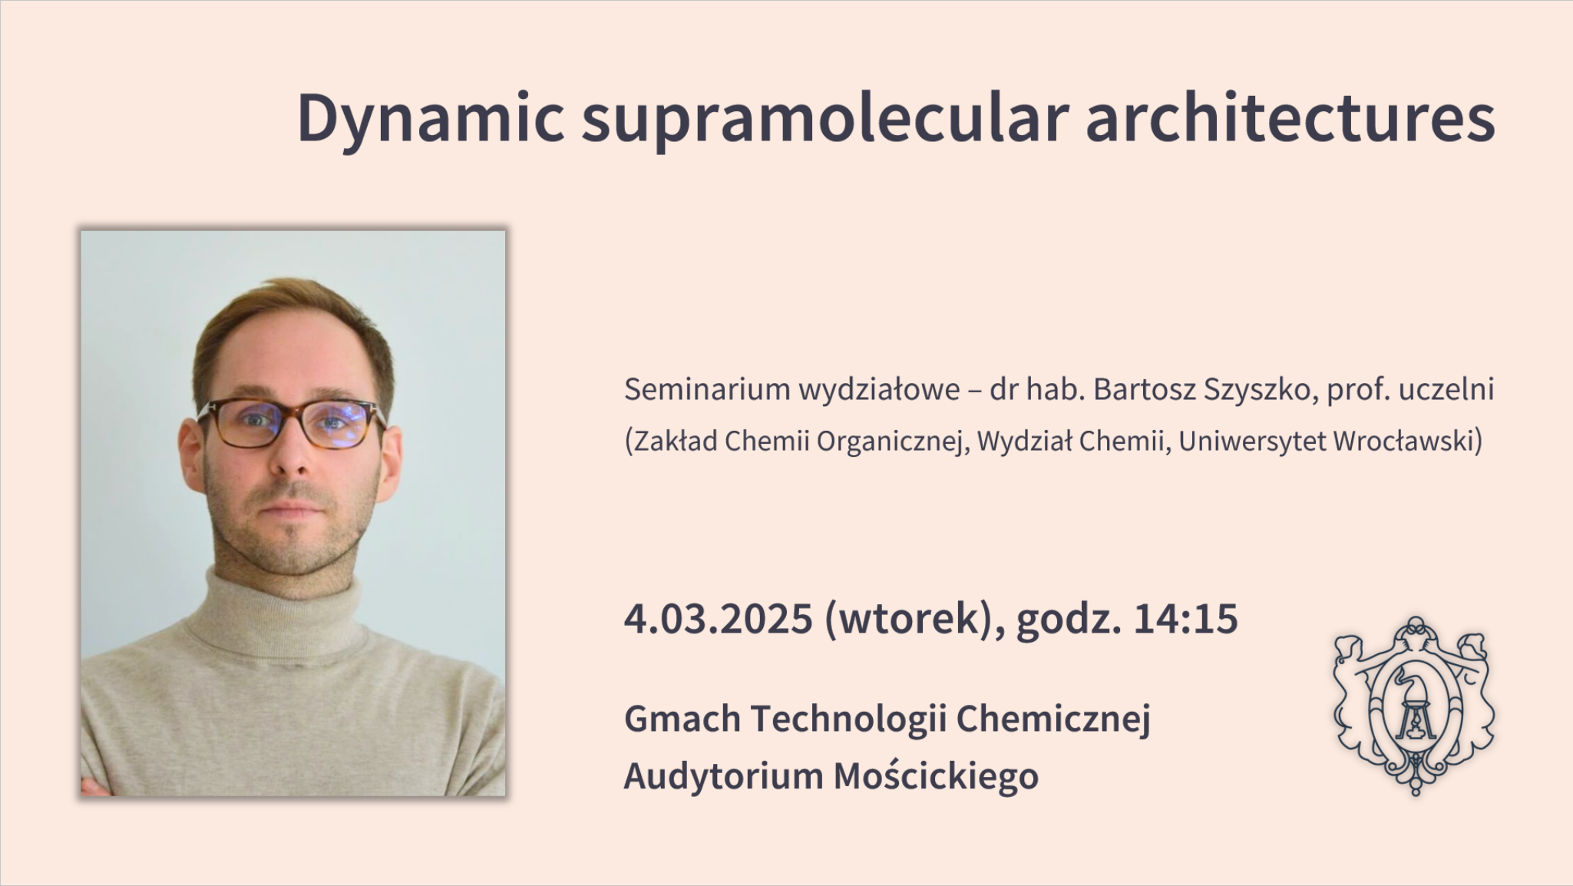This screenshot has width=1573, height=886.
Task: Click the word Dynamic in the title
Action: pyautogui.click(x=431, y=120)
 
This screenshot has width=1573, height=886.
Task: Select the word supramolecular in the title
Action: pyautogui.click(x=825, y=120)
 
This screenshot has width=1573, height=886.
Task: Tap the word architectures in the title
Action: pyautogui.click(x=1290, y=118)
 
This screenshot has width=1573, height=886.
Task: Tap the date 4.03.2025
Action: pyautogui.click(x=718, y=619)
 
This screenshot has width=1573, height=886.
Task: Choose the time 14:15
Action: pyautogui.click(x=1185, y=619)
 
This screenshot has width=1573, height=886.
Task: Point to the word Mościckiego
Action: pyautogui.click(x=936, y=775)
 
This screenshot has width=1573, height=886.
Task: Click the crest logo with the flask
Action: pyautogui.click(x=1415, y=705)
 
